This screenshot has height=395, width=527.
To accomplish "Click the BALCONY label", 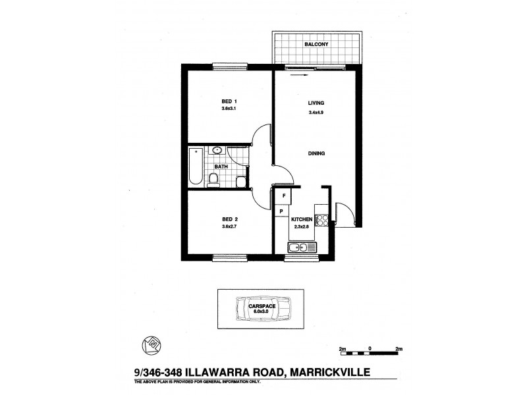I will click(316, 45).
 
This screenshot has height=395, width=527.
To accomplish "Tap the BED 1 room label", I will click(229, 101).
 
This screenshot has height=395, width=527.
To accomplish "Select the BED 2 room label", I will click(229, 219).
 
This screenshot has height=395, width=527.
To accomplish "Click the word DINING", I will click(317, 153).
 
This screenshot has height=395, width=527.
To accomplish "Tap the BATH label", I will click(221, 167).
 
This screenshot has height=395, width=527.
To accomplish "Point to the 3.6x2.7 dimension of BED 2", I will click(229, 227).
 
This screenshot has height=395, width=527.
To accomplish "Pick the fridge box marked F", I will click(283, 196).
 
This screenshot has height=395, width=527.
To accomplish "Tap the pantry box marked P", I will click(281, 211).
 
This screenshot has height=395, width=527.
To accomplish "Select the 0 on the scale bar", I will click(370, 347).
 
